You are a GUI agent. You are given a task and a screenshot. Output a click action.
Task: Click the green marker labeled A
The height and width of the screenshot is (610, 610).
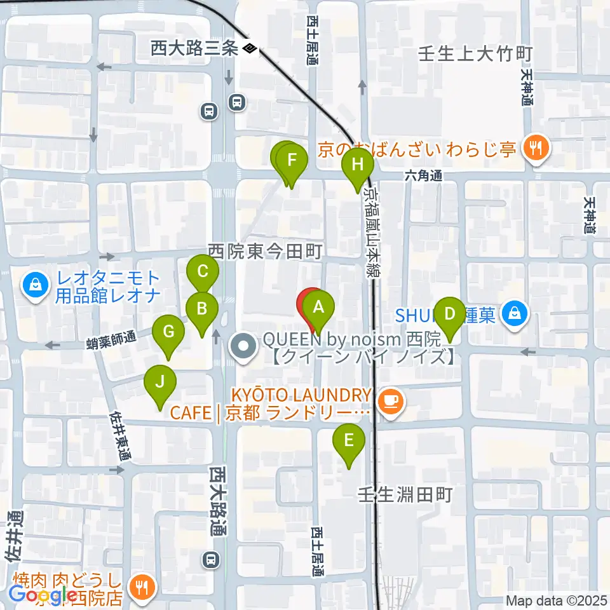click(x=318, y=308)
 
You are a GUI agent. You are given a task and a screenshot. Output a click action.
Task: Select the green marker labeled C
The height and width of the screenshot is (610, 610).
click(x=203, y=272)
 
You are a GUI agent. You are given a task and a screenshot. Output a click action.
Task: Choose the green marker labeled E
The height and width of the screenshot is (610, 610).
click(x=349, y=440)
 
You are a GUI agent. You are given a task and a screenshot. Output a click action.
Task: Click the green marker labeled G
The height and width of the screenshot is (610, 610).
click(x=168, y=332)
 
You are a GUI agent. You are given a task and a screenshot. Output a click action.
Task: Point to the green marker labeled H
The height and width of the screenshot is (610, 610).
click(x=358, y=165)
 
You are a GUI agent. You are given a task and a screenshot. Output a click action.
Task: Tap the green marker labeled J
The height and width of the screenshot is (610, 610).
click(x=160, y=382)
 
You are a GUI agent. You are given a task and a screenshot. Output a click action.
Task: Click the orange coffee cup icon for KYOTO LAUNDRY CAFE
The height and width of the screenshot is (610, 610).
click(x=390, y=401)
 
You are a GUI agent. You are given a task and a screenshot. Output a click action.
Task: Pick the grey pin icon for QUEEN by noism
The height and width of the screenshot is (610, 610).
click(x=243, y=346)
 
